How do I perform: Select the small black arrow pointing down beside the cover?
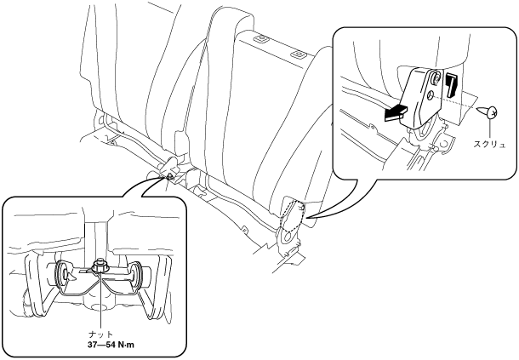coord(451,86)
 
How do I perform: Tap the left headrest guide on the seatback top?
coord(259,38)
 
